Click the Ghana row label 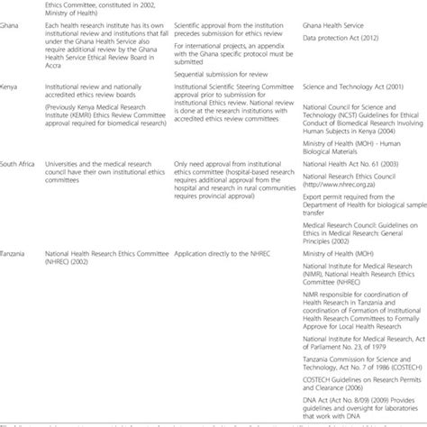[x=10, y=30]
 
